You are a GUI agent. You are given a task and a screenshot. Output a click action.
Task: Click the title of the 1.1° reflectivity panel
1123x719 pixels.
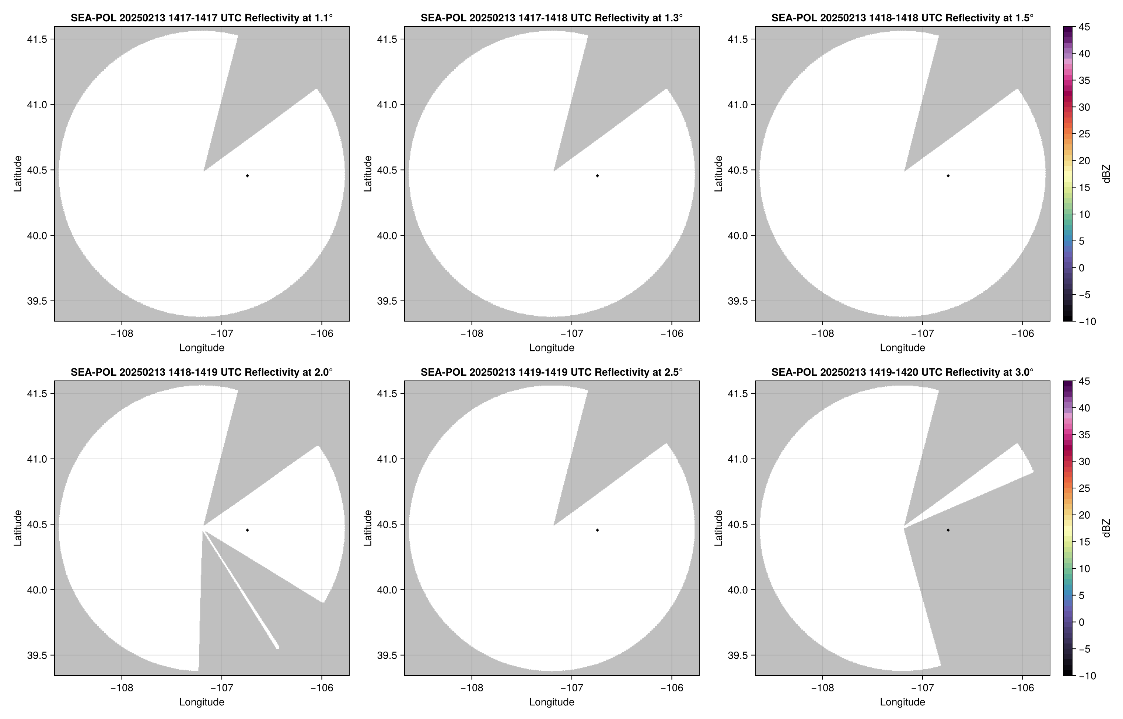tap(202, 18)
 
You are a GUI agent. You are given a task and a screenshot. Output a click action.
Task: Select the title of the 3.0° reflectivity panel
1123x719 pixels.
tap(902, 372)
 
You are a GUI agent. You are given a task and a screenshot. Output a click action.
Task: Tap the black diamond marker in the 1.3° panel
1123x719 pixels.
tap(597, 176)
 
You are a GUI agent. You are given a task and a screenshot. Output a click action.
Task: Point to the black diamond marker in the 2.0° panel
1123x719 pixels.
tap(247, 530)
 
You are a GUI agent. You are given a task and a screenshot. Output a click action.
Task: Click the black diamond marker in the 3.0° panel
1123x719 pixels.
tap(948, 530)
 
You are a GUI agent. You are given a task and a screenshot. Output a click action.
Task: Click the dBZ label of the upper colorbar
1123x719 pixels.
tap(1106, 174)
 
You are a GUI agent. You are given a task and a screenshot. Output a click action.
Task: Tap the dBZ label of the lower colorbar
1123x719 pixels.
tap(1106, 528)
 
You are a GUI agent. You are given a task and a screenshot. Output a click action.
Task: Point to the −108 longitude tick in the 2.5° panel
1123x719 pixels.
tap(472, 688)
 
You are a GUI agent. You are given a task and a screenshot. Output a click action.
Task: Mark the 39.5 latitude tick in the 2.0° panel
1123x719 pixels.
tap(38, 656)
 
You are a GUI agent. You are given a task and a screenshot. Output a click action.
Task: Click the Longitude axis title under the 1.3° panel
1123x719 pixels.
tap(552, 348)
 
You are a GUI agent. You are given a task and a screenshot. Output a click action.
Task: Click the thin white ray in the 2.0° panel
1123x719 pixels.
tap(241, 590)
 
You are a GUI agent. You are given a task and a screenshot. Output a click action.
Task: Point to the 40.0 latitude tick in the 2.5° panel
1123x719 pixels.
tap(388, 590)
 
